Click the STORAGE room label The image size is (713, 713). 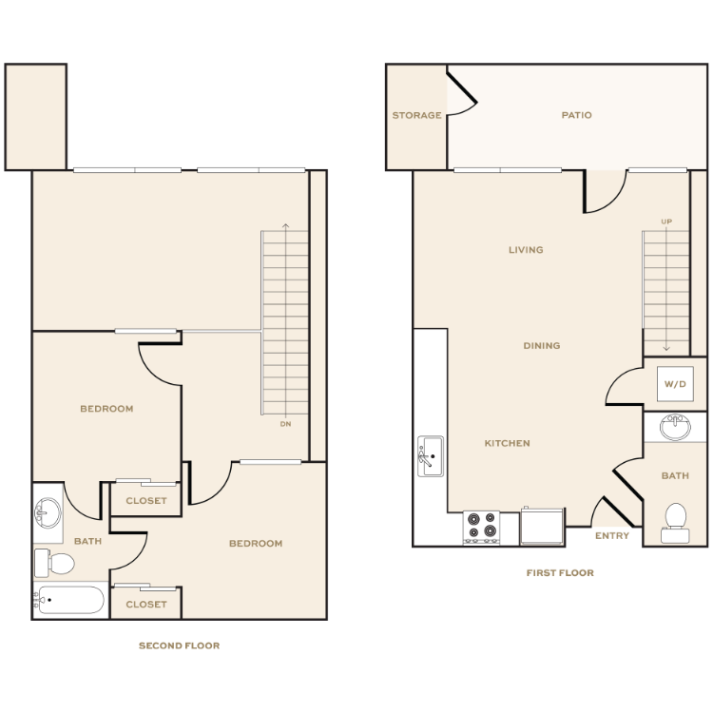click(416, 116)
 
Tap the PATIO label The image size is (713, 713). click(576, 116)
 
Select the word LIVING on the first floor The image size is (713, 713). click(526, 250)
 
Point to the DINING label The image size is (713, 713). click(541, 346)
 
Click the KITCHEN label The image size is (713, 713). click(508, 443)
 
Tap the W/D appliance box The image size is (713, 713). click(675, 384)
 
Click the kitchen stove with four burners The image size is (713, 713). click(481, 527)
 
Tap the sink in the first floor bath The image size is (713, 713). click(675, 427)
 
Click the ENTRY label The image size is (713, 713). click(611, 535)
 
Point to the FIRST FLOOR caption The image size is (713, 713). click(560, 573)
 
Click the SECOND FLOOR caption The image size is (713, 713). click(180, 646)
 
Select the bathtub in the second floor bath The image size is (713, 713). click(70, 601)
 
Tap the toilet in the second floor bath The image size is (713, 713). click(56, 564)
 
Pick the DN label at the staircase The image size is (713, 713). click(285, 424)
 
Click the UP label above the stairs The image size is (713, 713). click(666, 222)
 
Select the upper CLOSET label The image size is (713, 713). click(146, 501)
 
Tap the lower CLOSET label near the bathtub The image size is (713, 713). click(146, 605)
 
